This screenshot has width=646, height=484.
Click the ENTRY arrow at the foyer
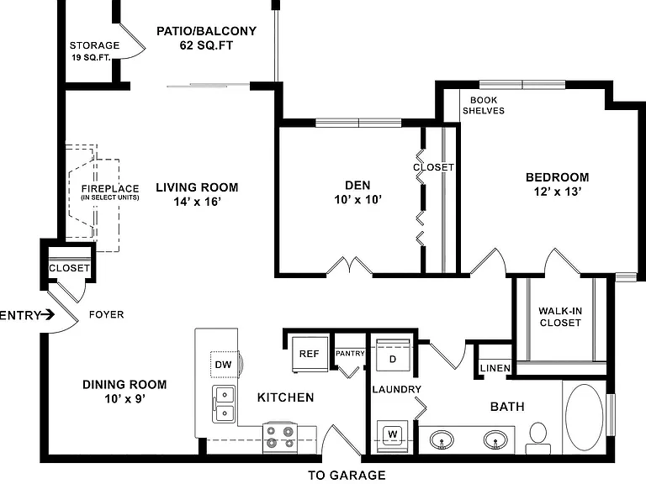(x=48, y=315)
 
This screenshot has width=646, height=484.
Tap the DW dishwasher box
(x=225, y=364)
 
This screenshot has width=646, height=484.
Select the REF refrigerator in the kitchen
(x=310, y=355)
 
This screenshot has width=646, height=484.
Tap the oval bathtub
(x=585, y=417)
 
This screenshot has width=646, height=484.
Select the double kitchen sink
(x=224, y=404)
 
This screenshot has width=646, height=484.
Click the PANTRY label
(x=350, y=353)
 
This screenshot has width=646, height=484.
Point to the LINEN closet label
(x=495, y=368)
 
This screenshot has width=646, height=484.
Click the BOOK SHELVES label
(x=484, y=105)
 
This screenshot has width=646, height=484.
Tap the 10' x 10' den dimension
(x=358, y=200)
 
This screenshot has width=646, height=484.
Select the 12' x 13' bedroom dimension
(x=558, y=192)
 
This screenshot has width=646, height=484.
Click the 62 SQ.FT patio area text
(x=206, y=45)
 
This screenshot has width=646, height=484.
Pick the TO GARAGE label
(x=347, y=475)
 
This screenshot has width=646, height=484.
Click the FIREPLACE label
(x=110, y=188)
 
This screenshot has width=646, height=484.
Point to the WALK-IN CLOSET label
(x=560, y=317)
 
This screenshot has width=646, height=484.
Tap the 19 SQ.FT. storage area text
(x=92, y=57)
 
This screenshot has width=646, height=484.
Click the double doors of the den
(x=350, y=266)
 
